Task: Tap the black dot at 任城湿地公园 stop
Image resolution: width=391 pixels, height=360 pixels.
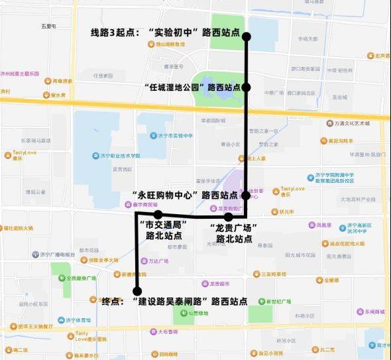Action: (x=246, y=87)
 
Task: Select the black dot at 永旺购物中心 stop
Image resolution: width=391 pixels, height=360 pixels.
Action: (x=245, y=196)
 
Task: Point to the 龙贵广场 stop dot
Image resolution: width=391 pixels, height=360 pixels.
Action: (x=229, y=217)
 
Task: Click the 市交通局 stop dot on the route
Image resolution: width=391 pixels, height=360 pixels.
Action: (x=158, y=214)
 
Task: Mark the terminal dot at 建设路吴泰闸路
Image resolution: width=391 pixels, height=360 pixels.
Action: (x=137, y=291)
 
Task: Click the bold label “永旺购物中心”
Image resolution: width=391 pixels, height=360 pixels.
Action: (x=166, y=196)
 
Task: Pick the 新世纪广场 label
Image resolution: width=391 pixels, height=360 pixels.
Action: (x=278, y=301)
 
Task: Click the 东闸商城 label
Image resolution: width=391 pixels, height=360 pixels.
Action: (x=370, y=312)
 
